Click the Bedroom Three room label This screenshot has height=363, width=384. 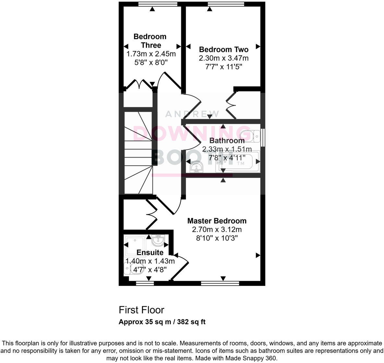[x=150, y=41]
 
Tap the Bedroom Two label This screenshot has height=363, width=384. [x=224, y=50]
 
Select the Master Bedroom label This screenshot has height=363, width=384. [x=217, y=221]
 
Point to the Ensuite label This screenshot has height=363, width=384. [x=150, y=252]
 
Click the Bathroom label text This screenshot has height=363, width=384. [x=227, y=141]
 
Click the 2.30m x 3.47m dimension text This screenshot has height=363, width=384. [x=224, y=58]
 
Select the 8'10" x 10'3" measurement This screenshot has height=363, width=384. [x=217, y=238]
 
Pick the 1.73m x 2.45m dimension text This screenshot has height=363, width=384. [x=151, y=54]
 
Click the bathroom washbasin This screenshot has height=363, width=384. [x=197, y=167]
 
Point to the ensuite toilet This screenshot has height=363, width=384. [x=133, y=268]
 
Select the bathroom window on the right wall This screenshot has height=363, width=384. [x=263, y=136]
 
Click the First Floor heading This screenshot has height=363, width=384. [x=141, y=310]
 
